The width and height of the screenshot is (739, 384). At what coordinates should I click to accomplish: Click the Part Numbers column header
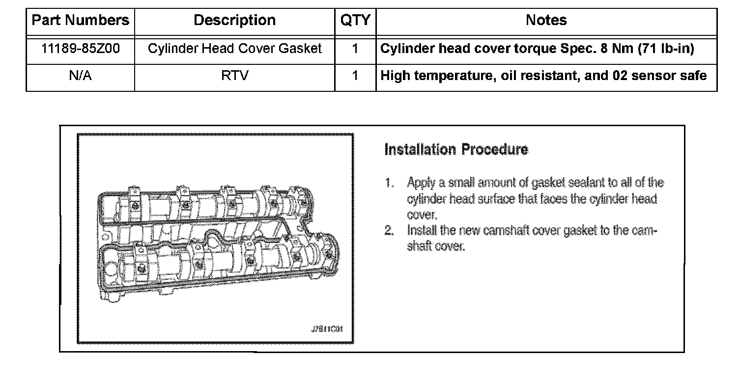tap(80, 21)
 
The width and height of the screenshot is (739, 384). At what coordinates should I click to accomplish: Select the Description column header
tap(234, 21)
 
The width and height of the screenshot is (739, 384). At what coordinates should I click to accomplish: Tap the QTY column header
tap(355, 21)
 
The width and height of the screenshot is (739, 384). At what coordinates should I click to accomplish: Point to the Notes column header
tap(546, 21)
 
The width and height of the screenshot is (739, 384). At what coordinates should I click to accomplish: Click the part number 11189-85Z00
tap(80, 49)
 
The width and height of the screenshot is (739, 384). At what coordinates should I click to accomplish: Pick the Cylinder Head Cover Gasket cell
tap(234, 49)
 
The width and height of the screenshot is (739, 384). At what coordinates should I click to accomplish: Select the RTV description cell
tap(234, 76)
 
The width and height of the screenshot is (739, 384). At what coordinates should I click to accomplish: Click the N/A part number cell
tap(80, 76)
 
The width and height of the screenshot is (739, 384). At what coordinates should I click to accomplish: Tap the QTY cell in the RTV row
tap(355, 76)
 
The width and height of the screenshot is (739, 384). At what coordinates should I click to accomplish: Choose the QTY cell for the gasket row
tap(355, 49)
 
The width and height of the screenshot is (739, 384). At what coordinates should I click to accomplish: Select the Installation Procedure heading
tap(456, 150)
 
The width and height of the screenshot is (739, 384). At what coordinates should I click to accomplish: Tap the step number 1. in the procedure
tap(390, 183)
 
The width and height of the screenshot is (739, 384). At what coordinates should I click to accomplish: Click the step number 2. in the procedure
tap(390, 230)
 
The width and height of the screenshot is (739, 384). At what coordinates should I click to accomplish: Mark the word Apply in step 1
tap(420, 184)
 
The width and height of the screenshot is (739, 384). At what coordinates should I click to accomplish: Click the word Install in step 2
tap(421, 230)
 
